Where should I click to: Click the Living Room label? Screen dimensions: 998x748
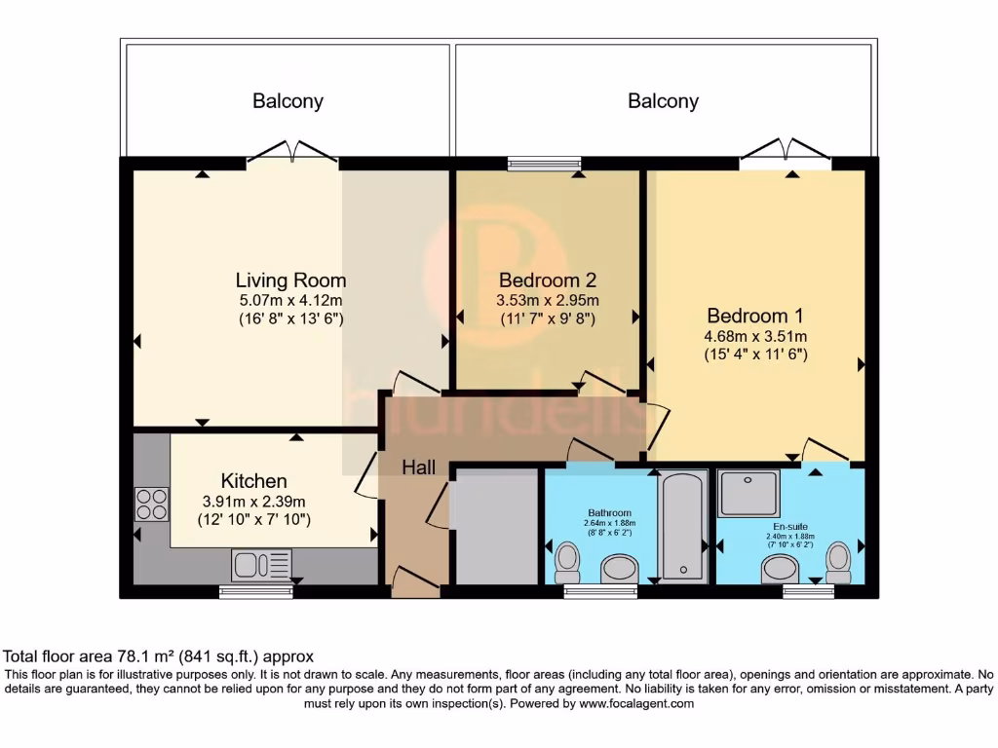click(290, 280)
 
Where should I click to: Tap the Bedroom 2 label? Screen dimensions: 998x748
click(548, 280)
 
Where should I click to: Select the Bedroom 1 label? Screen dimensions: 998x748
click(755, 316)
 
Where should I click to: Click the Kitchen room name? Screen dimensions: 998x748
click(254, 480)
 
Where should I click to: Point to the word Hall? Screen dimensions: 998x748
click(419, 467)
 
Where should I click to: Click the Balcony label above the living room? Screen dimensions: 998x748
click(288, 101)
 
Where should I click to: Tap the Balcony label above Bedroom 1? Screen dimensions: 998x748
click(663, 101)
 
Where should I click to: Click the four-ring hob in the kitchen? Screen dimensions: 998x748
click(151, 505)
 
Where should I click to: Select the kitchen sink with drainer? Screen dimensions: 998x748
click(262, 565)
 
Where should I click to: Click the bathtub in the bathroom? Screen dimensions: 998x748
click(682, 527)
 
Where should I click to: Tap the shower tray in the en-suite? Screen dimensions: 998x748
click(749, 494)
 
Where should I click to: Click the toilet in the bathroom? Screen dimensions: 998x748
click(566, 563)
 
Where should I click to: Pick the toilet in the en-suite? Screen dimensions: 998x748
click(839, 563)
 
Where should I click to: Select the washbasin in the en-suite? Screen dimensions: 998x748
click(781, 570)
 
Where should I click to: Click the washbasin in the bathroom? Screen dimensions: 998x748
click(620, 569)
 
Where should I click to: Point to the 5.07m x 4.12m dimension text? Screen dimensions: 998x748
click(290, 300)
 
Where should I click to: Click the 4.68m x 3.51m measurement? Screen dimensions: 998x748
click(755, 336)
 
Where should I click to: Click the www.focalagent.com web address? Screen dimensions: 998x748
click(636, 703)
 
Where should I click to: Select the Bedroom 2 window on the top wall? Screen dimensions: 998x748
click(544, 164)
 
